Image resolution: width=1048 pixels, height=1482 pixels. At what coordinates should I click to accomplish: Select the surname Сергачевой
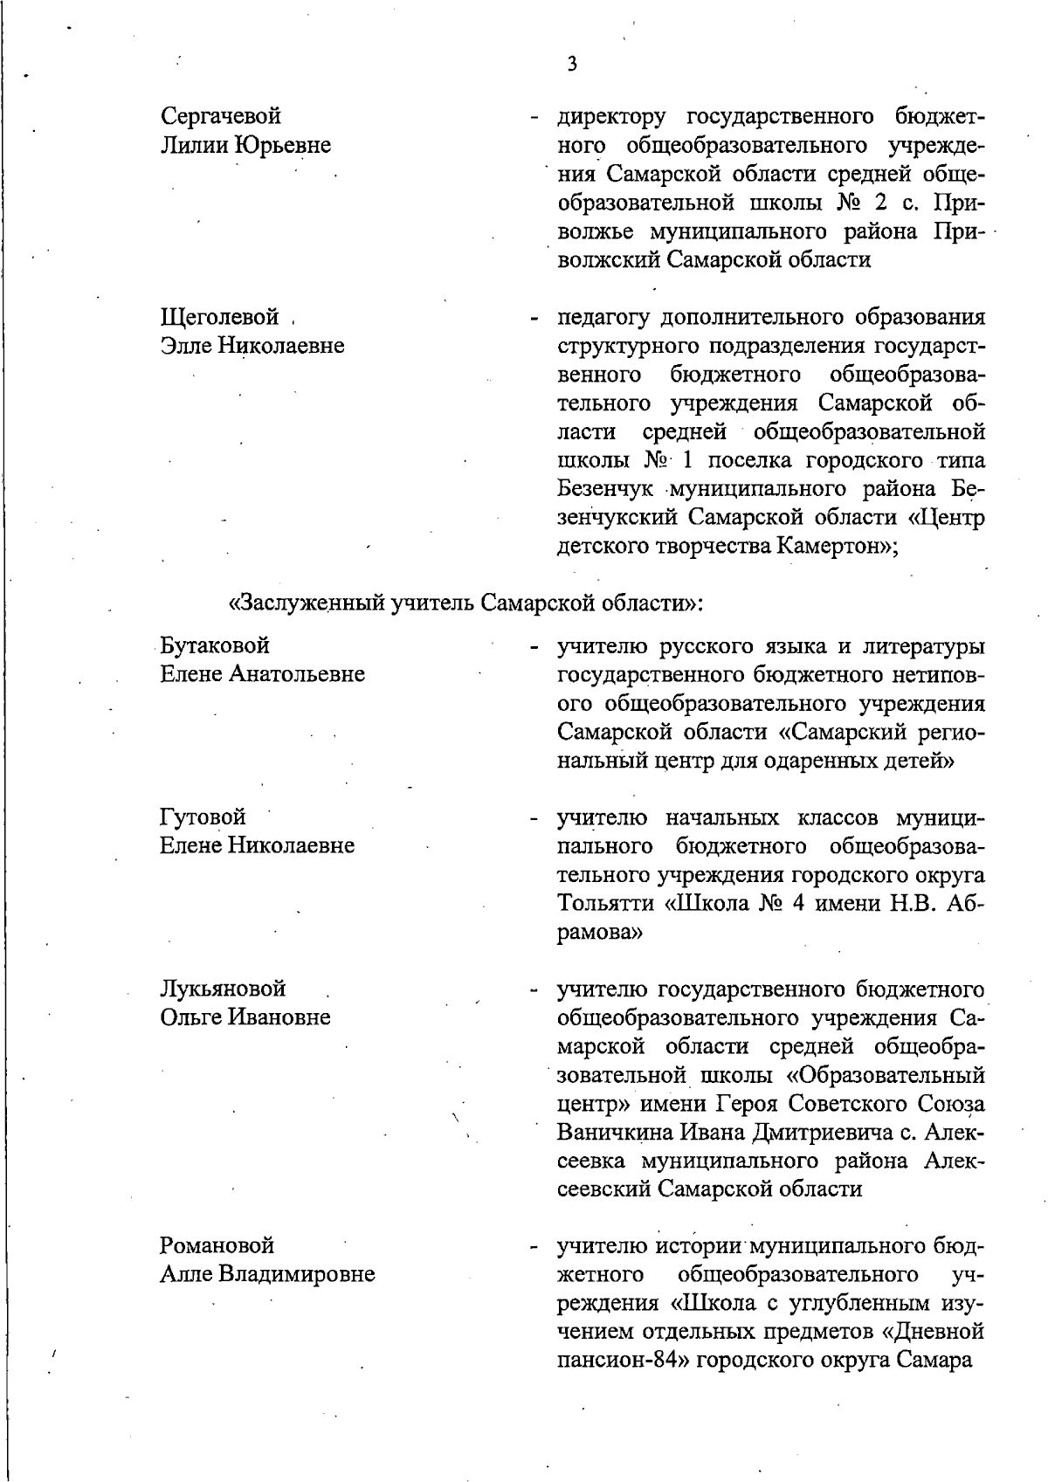pos(221,116)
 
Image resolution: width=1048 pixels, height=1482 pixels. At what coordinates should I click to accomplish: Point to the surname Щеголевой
pos(220,317)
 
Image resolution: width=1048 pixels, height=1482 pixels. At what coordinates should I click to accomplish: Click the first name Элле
pos(185,346)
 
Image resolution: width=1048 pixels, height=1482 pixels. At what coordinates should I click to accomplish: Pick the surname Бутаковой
pos(215,645)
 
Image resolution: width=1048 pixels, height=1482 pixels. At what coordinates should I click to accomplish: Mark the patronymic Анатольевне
pos(297,674)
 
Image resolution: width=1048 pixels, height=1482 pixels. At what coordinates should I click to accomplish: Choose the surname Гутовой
pos(203,817)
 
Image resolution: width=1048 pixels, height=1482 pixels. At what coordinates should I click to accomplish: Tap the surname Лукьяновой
pos(224,989)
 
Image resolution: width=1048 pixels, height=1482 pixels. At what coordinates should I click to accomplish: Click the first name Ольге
pos(190,1017)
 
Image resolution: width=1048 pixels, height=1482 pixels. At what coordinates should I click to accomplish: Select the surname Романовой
pos(217,1245)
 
